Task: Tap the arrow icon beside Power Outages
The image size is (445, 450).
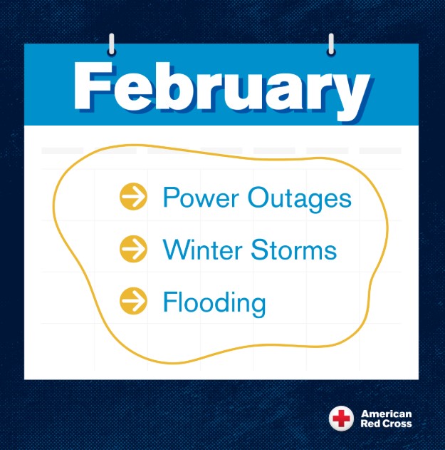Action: tap(133, 197)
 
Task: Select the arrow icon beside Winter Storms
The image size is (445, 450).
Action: tap(133, 250)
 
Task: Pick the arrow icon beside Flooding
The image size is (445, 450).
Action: tap(133, 302)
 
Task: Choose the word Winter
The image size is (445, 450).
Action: tap(201, 250)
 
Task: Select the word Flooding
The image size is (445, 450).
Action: tap(214, 303)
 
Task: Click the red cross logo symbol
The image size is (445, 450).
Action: tap(340, 419)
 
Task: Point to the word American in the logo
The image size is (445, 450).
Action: tap(386, 414)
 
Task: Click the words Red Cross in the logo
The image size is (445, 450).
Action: tap(386, 424)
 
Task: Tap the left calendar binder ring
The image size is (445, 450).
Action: tap(111, 45)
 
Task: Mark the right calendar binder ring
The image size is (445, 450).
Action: tap(330, 45)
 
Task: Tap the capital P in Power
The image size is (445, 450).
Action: tap(170, 197)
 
